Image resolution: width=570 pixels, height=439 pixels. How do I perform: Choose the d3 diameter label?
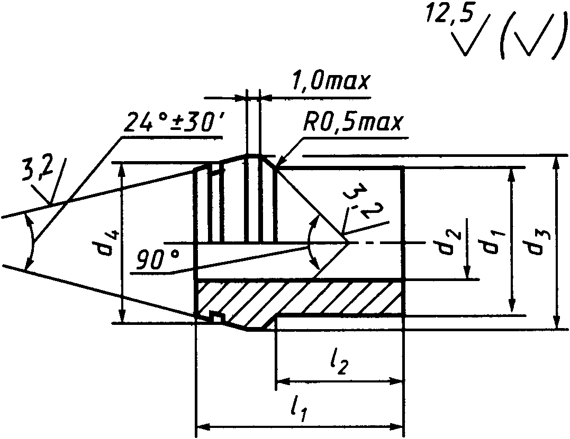pyautogui.click(x=539, y=242)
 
